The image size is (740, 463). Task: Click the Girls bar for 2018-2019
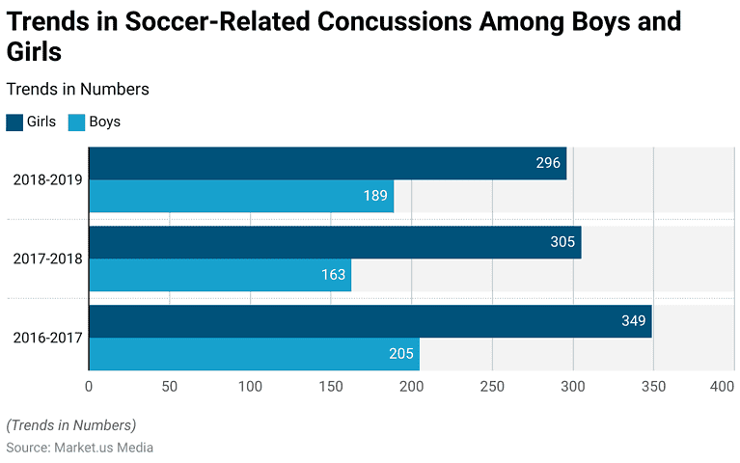(327, 163)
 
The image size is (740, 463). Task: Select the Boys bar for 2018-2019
(241, 196)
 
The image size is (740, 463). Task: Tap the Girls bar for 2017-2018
(335, 242)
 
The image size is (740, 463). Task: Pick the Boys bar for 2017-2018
(220, 275)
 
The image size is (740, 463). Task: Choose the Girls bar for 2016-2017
(370, 321)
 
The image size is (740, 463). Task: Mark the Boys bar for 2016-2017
(254, 354)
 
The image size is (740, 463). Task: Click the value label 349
(633, 321)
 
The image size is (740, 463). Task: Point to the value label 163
(333, 275)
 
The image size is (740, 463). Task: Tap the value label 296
(548, 163)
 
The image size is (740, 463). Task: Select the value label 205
(401, 354)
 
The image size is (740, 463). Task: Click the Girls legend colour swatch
(14, 123)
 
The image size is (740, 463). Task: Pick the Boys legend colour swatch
(77, 123)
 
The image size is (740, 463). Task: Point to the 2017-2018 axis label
(47, 259)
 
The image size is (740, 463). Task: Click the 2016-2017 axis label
(47, 338)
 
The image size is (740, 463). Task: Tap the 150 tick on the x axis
(331, 387)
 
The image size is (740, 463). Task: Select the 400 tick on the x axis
(722, 387)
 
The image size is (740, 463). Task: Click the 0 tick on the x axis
(89, 387)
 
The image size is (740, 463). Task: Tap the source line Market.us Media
(80, 448)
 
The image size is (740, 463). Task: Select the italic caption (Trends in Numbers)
(71, 424)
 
